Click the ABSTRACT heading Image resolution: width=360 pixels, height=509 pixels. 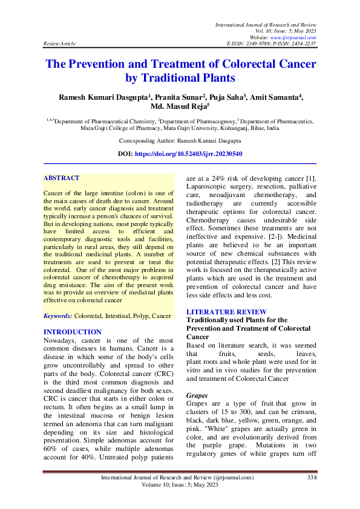click(x=62, y=178)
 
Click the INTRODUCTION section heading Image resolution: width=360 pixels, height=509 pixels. click(x=73, y=332)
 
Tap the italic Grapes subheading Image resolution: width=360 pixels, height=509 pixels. click(x=197, y=394)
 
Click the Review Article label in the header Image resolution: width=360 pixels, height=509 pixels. click(x=59, y=44)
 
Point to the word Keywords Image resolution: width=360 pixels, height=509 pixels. click(x=57, y=316)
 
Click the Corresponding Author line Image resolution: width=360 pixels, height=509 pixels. click(x=180, y=140)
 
